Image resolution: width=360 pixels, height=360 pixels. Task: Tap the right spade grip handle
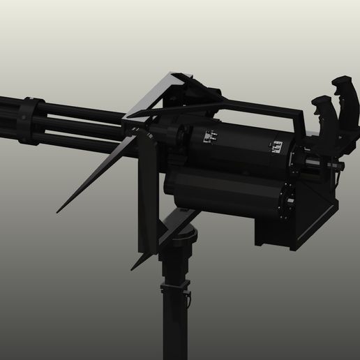[x=342, y=89]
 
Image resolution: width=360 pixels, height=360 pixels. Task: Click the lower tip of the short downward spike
[x=133, y=268]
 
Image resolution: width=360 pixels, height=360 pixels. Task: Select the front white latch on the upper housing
[x=207, y=137]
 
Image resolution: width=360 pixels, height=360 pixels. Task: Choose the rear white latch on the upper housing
[x=276, y=147]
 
